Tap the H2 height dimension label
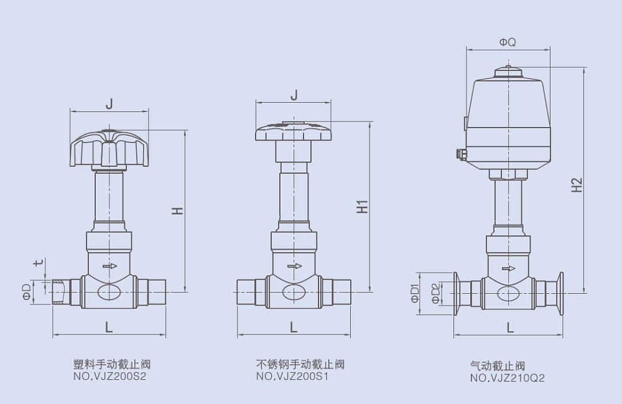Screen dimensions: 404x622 tap(577, 184)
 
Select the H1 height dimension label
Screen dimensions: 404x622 tap(362, 207)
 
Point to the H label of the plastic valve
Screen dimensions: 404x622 tap(178, 211)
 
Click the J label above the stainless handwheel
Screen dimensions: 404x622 tap(294, 95)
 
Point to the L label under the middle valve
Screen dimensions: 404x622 tap(294, 326)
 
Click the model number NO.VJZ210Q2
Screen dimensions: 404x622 tap(507, 378)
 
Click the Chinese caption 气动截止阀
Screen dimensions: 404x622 tap(498, 366)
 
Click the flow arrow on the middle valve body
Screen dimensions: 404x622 tap(295, 266)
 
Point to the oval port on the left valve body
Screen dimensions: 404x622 tap(109, 293)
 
